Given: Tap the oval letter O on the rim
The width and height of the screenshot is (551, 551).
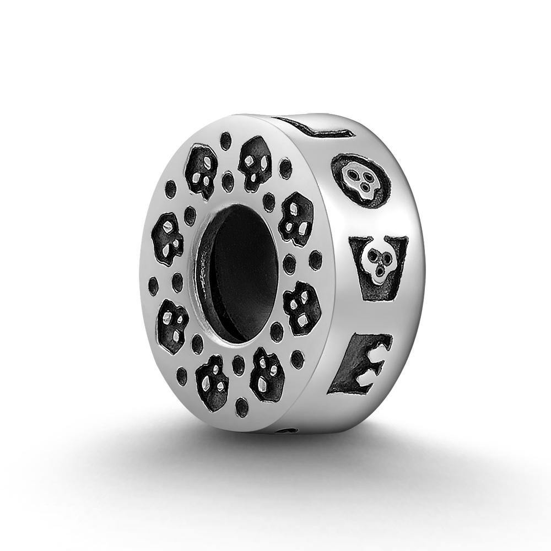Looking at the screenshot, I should [x=361, y=179].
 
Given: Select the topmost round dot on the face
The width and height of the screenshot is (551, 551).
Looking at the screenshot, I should [x=225, y=141].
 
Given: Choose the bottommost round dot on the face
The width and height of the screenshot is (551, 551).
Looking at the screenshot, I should [x=241, y=407].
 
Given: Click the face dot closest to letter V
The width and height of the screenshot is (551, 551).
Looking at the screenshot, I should [x=315, y=260].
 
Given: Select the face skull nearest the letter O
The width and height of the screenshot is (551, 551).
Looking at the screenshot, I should [x=296, y=219].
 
